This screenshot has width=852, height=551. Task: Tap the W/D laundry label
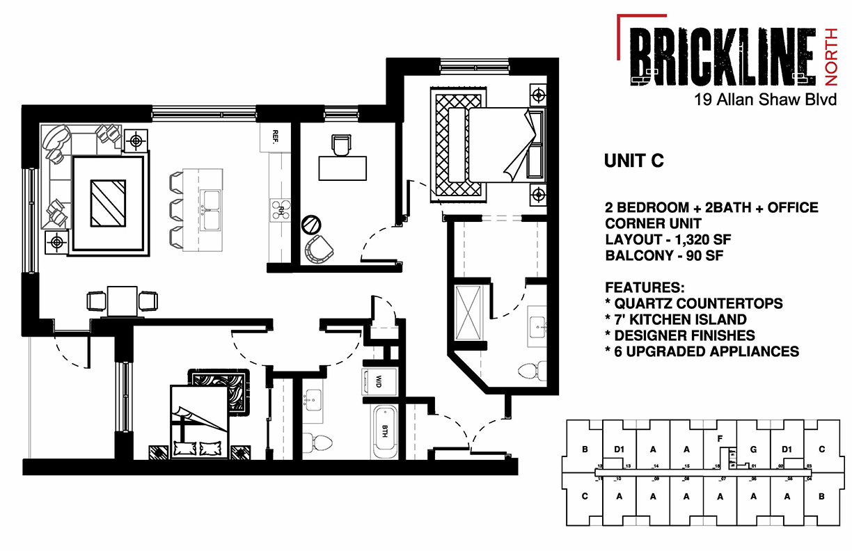point(379,382)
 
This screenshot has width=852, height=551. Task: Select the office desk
point(342,168)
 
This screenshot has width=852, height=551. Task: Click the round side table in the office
point(311,224)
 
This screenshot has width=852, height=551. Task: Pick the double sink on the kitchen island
point(212,209)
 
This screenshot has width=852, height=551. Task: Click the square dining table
point(121,301)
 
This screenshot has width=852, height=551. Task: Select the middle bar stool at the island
point(177,207)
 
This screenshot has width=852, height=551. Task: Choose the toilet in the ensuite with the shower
point(530,369)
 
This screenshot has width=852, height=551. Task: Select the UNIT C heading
point(633,161)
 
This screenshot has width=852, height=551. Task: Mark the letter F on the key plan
point(720,439)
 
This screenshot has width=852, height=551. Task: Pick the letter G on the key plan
point(753,449)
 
